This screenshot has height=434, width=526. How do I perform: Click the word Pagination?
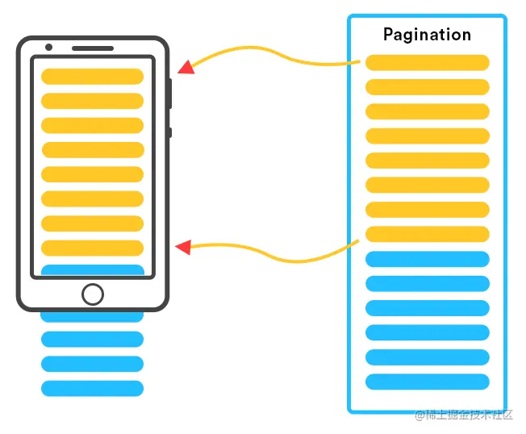pos(427,35)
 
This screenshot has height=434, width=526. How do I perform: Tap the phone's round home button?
pos(93,294)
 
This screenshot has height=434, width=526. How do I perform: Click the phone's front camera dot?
pos(48,48)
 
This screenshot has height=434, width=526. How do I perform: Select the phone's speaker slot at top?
pos(92,48)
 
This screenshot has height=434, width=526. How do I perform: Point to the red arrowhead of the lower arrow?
pos(184,247)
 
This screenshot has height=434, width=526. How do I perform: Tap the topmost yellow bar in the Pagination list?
pos(428,63)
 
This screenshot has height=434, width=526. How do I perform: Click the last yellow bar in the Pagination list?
pos(428,234)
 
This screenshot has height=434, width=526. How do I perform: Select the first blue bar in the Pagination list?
pos(428,259)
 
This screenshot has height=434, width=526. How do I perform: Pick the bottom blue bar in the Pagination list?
pos(428,382)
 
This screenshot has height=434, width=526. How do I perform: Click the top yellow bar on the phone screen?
pos(92,77)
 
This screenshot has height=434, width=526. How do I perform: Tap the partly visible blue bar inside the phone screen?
pos(92,270)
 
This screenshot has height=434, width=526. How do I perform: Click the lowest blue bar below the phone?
pos(92,388)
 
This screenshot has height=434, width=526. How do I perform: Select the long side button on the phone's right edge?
pos(170,93)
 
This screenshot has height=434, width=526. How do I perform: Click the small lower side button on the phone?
pos(170,133)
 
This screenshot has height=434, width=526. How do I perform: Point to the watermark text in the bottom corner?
pos(469,415)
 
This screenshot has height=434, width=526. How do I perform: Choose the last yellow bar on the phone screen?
pos(92,248)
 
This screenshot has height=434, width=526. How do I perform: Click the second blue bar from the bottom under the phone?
pos(92,364)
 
